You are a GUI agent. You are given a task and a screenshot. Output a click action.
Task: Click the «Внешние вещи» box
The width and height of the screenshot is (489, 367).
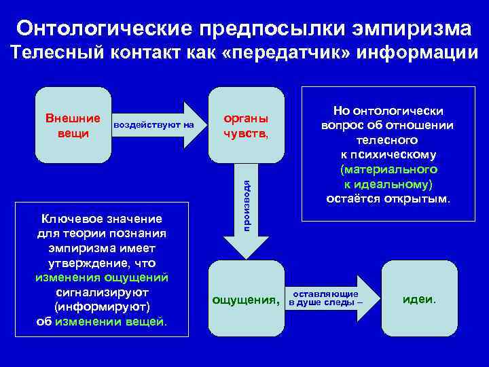[x=73, y=125]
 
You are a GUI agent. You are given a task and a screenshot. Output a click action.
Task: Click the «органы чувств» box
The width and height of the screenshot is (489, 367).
[x=245, y=125]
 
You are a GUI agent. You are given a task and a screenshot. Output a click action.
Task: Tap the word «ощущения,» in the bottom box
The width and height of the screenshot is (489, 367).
[x=245, y=299]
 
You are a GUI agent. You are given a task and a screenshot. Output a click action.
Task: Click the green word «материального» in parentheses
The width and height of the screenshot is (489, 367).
[x=388, y=169]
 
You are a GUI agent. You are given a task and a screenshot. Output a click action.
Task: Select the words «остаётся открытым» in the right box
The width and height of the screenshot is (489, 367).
[x=388, y=199]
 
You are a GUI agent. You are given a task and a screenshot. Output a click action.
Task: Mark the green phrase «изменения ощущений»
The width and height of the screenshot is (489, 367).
[x=102, y=277]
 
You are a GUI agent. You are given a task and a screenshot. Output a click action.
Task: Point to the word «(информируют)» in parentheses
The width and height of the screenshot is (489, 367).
[x=102, y=307]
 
